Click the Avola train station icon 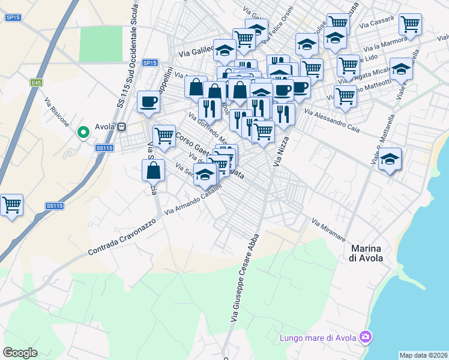pos(122,128)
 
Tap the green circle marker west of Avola pos(83,131)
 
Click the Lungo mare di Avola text pos(318,338)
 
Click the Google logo pos(20,352)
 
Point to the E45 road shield pos(37,82)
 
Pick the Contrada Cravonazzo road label pos(122,236)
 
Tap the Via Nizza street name pos(278,154)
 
